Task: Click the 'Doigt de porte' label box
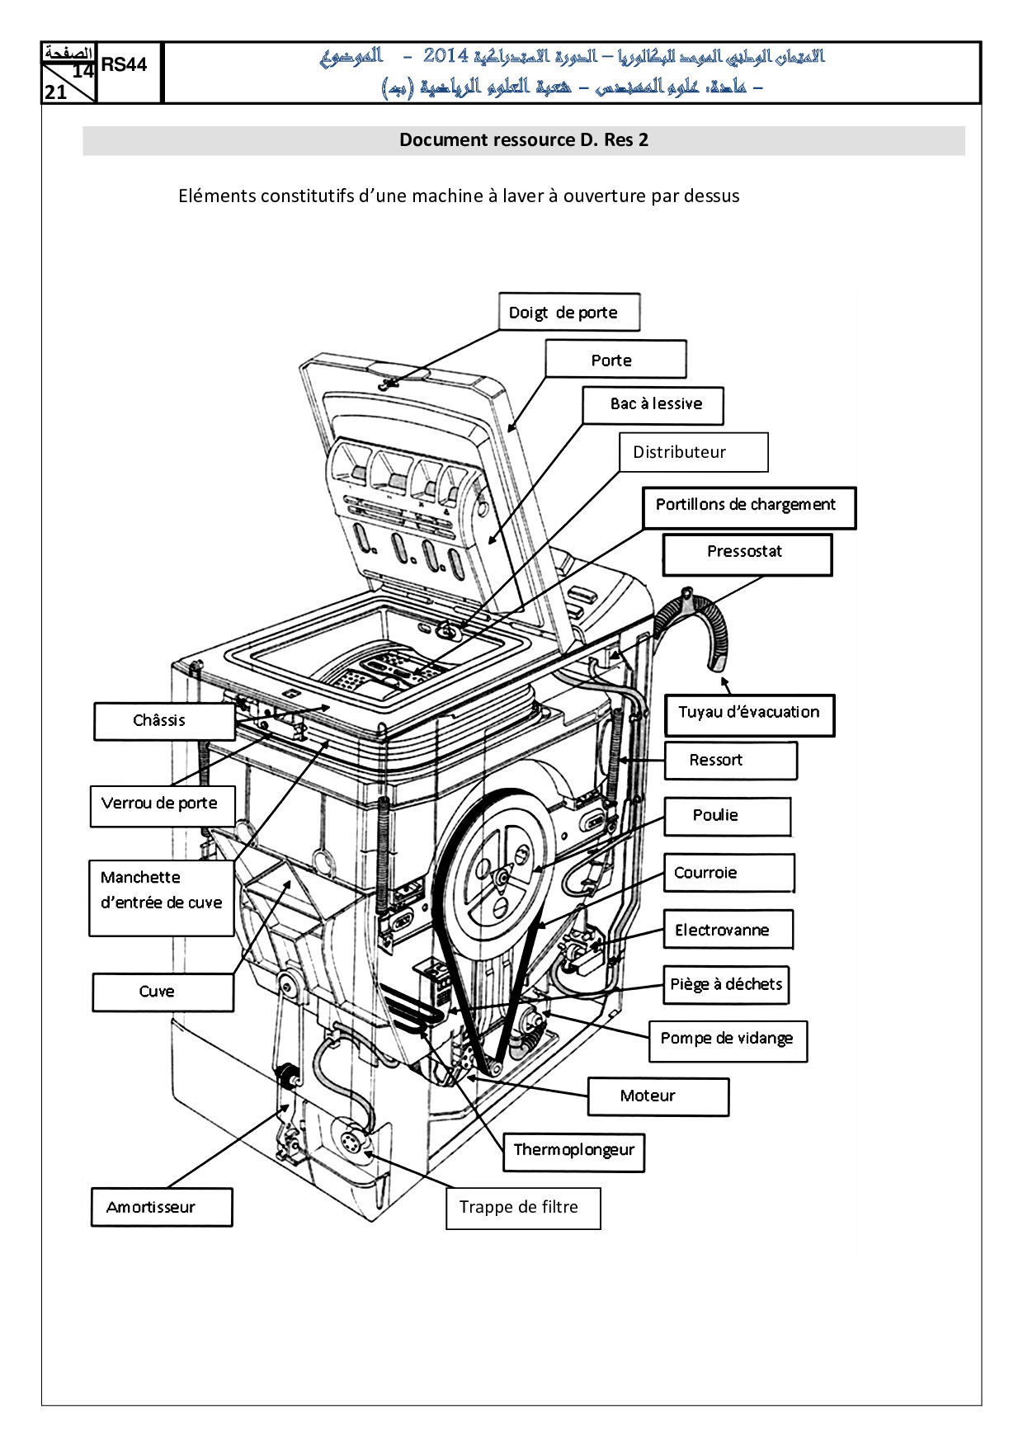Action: pyautogui.click(x=569, y=312)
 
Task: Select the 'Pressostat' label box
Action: pyautogui.click(x=747, y=554)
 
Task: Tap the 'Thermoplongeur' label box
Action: pyautogui.click(x=573, y=1152)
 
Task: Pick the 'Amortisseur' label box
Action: pyautogui.click(x=162, y=1207)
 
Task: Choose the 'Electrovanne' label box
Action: pyautogui.click(x=728, y=930)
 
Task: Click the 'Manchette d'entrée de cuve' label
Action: pyautogui.click(x=162, y=898)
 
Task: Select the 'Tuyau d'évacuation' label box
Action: pyautogui.click(x=749, y=715)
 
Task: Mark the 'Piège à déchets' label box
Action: pyautogui.click(x=726, y=985)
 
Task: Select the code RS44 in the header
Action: pyautogui.click(x=124, y=64)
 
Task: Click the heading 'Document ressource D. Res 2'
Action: pyautogui.click(x=524, y=140)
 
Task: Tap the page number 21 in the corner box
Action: pyautogui.click(x=55, y=92)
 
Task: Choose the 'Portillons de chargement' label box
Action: pyautogui.click(x=749, y=507)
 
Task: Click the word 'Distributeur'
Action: pyautogui.click(x=679, y=452)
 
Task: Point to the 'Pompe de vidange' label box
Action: pyautogui.click(x=728, y=1041)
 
